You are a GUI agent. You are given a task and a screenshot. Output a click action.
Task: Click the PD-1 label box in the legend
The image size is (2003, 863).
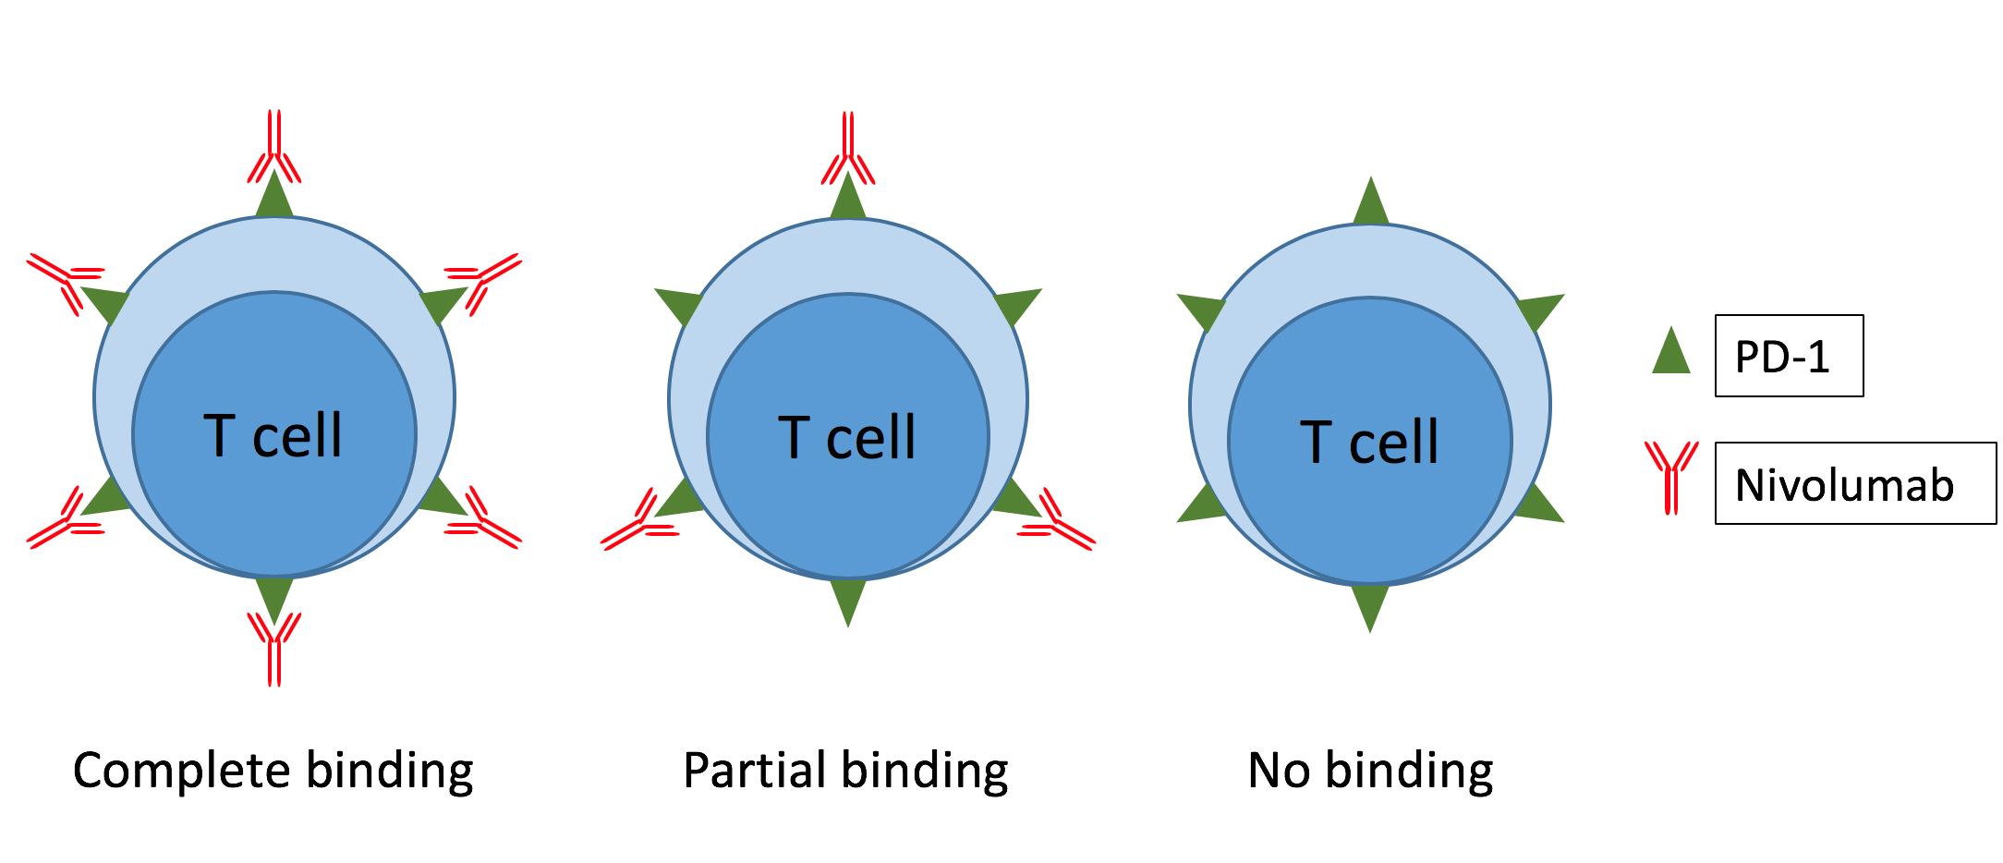tap(1788, 356)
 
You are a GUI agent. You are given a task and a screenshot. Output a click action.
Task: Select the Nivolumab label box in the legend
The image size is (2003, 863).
tap(1854, 483)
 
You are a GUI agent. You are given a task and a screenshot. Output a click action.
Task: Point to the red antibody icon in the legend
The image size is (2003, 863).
tap(1670, 476)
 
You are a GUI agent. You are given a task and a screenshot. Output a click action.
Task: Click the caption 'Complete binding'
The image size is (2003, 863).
tap(273, 771)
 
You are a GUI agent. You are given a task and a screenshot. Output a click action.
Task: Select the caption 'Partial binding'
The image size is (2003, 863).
tap(845, 771)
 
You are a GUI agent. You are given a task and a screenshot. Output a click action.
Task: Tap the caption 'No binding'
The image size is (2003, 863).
tap(1370, 771)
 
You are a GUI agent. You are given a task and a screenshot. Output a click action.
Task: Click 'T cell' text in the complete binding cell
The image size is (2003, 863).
tap(273, 435)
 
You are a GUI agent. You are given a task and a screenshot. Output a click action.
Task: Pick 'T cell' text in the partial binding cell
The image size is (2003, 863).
tap(847, 437)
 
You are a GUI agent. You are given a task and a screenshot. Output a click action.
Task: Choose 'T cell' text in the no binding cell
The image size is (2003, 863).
tap(1369, 442)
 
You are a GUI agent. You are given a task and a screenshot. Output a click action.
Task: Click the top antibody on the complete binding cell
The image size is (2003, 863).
tap(274, 148)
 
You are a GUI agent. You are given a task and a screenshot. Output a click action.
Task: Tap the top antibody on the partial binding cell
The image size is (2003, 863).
tap(848, 150)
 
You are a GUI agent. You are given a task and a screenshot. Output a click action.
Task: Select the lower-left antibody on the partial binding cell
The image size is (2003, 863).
tap(640, 523)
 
